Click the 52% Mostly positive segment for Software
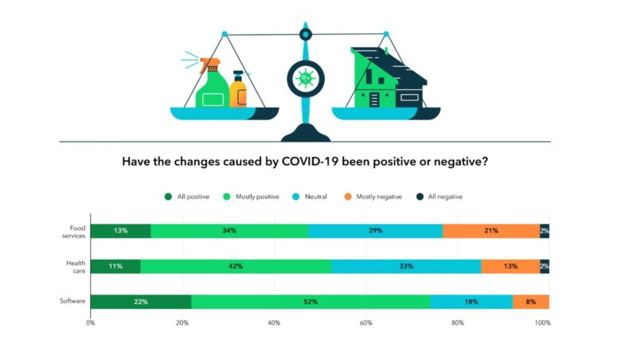tap(310, 302)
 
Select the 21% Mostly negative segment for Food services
tap(490, 231)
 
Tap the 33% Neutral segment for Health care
tap(406, 266)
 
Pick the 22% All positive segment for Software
tap(141, 302)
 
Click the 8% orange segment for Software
tap(530, 302)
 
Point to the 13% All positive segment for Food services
tap(120, 231)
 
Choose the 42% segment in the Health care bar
tap(236, 266)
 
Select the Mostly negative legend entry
tap(373, 197)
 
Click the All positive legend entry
tap(187, 197)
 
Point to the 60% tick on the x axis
tap(365, 323)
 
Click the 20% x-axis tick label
tap(182, 323)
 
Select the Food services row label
tap(74, 231)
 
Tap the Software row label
tap(72, 302)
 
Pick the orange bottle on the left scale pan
tap(238, 90)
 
